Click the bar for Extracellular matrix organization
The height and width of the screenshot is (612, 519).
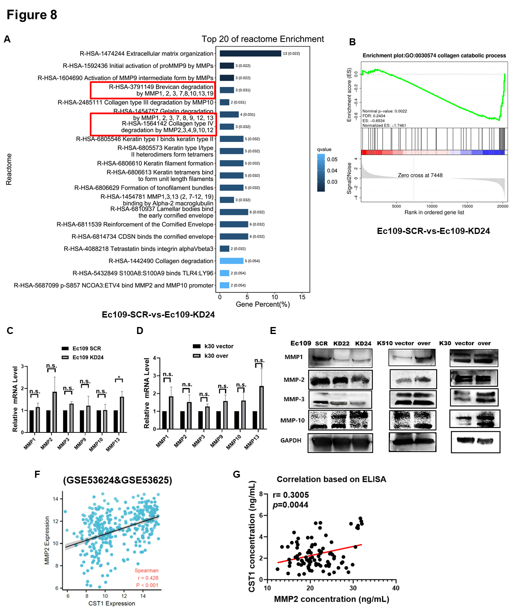click(250, 54)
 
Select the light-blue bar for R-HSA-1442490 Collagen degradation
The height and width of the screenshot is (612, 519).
click(231, 261)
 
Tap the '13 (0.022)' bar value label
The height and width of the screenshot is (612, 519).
click(291, 54)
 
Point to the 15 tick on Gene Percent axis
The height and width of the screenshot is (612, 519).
click(302, 297)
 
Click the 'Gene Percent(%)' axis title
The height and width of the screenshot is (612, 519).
click(263, 304)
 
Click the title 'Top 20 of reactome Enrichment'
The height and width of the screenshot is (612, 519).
click(262, 39)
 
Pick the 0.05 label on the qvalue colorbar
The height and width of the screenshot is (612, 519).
click(332, 159)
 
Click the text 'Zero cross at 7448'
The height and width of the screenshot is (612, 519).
click(420, 175)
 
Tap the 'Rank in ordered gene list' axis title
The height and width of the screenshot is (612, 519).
click(434, 213)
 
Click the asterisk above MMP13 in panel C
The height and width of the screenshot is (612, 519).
click(119, 378)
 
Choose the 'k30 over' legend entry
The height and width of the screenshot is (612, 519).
click(216, 356)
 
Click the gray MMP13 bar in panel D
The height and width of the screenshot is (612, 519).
click(262, 407)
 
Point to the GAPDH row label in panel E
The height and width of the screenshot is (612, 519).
click(291, 441)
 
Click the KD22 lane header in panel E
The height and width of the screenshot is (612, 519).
click(341, 343)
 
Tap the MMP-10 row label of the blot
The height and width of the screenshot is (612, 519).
click(292, 420)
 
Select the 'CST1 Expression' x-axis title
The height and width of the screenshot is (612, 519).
click(112, 603)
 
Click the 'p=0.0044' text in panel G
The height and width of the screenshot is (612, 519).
click(290, 505)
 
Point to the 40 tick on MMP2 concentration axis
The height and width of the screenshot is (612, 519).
click(395, 588)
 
